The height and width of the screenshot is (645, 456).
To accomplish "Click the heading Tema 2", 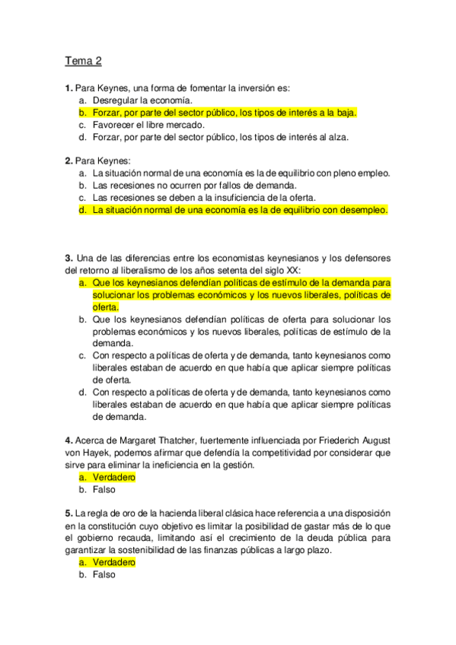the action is (83, 61).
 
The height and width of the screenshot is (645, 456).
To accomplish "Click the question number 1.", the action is (69, 88).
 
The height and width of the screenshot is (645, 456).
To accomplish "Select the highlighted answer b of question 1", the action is (225, 113).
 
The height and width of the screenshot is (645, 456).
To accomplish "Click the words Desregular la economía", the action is (142, 100).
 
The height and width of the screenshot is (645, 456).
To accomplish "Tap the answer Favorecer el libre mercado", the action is (148, 125).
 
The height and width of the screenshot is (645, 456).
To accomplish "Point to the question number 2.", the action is (69, 161).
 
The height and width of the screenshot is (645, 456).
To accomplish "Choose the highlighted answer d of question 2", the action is (240, 210).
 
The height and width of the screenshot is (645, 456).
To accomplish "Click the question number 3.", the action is (69, 259).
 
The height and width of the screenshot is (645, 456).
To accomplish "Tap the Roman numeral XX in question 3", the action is (291, 271).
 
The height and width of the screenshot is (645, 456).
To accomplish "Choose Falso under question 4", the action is (104, 490).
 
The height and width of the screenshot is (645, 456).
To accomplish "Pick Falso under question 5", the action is (104, 575).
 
